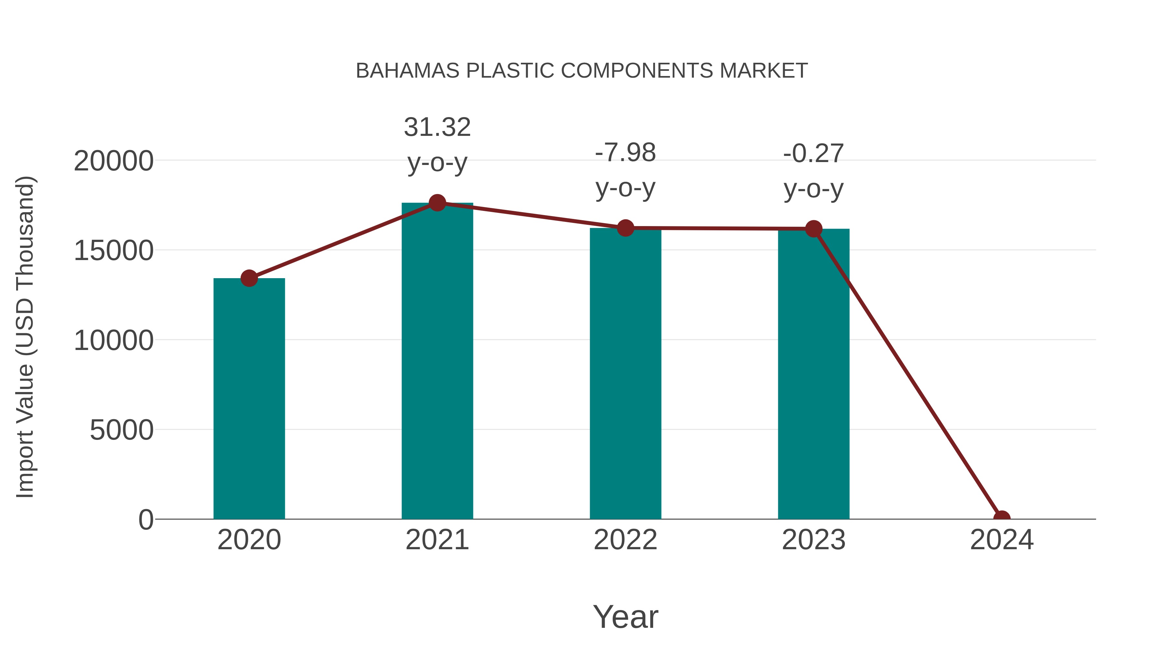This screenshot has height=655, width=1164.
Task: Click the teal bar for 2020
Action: (249, 398)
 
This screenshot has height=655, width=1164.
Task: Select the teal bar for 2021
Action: (437, 362)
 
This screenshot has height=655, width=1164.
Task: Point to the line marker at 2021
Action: (437, 203)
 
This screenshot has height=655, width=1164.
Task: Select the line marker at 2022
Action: (625, 228)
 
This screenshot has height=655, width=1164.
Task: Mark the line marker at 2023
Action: (814, 229)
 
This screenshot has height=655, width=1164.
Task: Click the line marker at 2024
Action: (1001, 518)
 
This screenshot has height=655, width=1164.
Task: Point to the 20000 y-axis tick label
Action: (113, 161)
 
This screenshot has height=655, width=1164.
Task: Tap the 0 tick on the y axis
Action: (145, 519)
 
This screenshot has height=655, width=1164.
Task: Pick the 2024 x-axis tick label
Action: (1001, 540)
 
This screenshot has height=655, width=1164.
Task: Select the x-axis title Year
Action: (625, 617)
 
